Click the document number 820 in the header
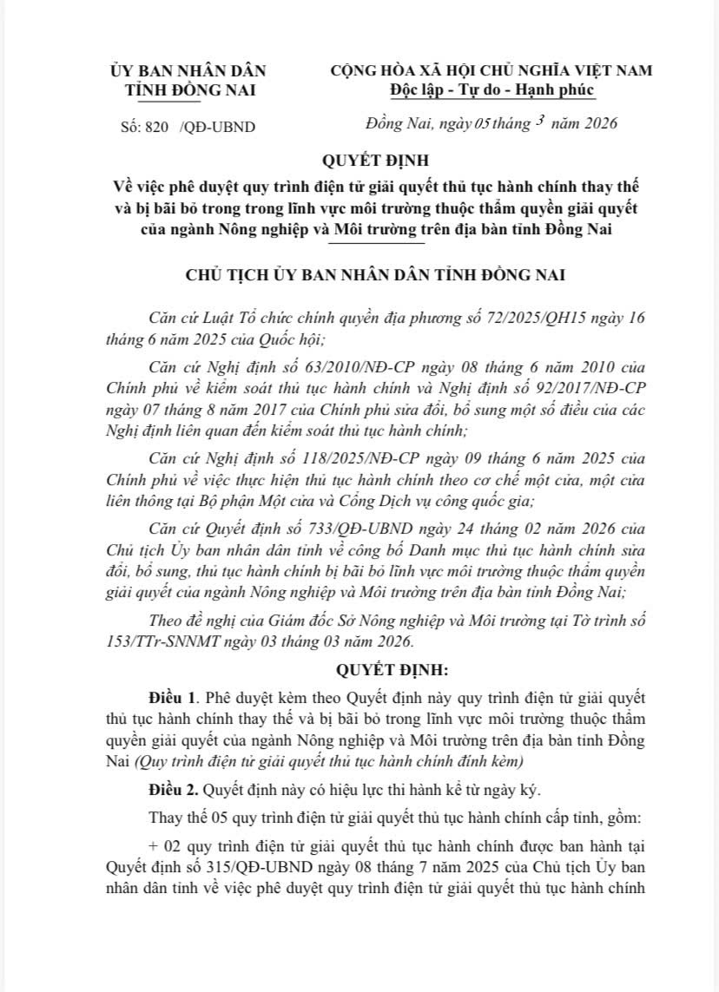156,127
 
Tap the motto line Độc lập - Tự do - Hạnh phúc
492,89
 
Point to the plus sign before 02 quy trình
153,844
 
